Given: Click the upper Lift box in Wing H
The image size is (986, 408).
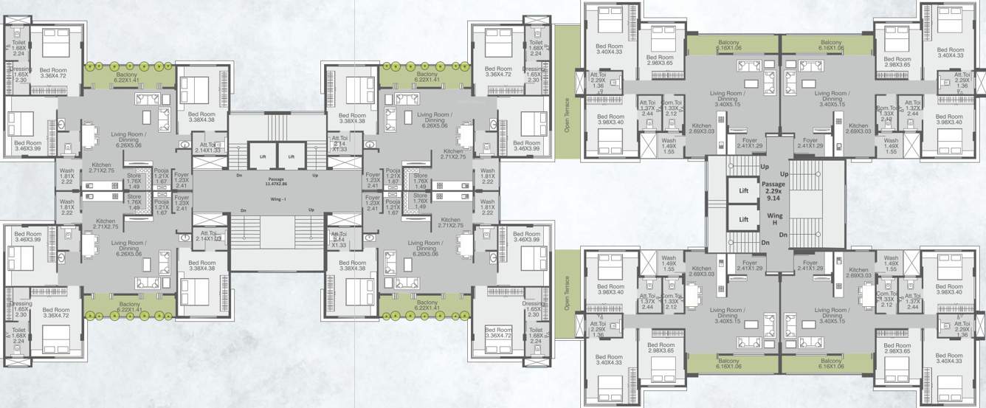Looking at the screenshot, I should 744,190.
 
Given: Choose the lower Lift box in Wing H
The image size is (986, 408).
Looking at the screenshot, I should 744,219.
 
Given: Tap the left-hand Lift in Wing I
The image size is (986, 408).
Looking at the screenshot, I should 262,156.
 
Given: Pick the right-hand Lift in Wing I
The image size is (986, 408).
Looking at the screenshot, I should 292,156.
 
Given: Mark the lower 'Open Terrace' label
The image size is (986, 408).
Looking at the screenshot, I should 568,293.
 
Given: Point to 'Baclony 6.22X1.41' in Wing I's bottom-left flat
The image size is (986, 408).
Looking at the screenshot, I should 128,304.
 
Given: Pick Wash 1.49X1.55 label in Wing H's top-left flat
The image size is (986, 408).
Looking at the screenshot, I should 669,145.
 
